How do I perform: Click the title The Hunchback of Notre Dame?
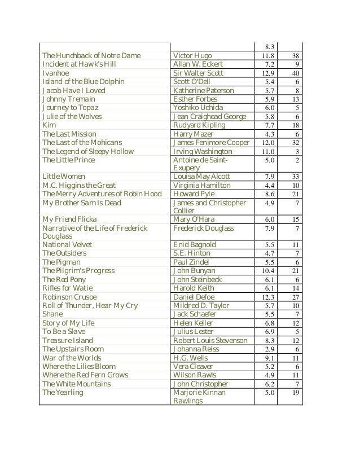pos(91,56)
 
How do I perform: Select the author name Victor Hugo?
pos(192,56)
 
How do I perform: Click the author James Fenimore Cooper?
pos(211,143)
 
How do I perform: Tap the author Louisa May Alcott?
pos(201,177)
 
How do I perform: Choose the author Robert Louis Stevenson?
pos(210,341)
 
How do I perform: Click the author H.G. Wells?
pos(190,358)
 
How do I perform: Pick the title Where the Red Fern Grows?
pos(85,375)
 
